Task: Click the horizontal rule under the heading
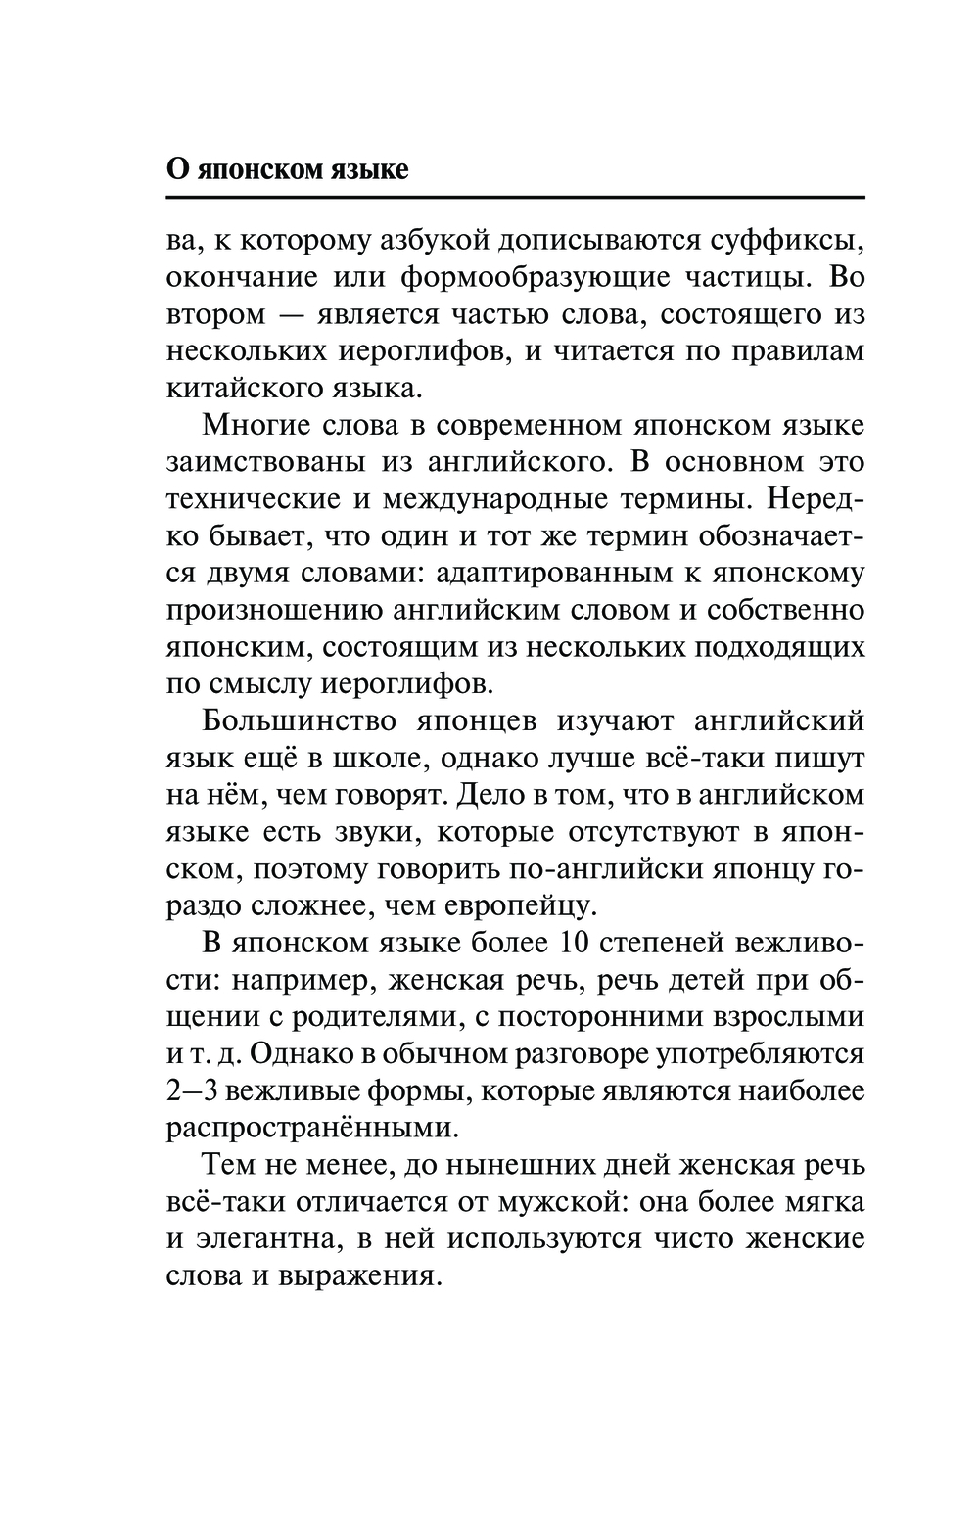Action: (516, 199)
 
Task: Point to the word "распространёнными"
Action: (312, 1128)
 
